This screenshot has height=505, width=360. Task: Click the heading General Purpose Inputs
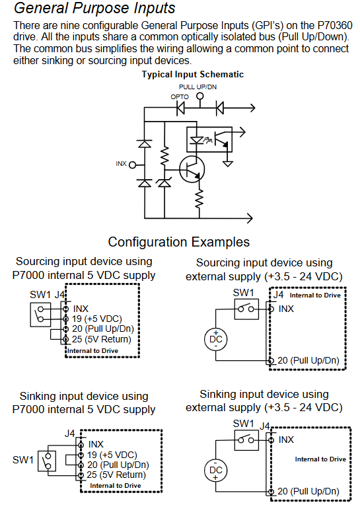tap(94, 8)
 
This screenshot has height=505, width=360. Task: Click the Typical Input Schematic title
tap(193, 75)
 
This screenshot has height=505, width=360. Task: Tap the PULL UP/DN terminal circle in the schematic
tap(200, 96)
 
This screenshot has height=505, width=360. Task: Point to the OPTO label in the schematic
tap(180, 97)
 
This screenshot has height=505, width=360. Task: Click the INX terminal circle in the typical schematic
tap(132, 165)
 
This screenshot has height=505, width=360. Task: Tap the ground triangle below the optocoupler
tap(228, 164)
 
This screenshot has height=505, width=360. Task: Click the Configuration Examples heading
tap(178, 242)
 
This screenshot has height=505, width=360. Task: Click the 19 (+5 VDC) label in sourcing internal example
tap(97, 319)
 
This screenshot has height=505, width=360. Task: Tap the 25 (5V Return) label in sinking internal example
tap(116, 475)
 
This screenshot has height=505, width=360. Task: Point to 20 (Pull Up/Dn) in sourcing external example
tap(308, 360)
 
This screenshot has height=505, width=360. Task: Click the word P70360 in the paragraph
tap(335, 25)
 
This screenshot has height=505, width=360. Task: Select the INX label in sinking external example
tap(286, 440)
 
